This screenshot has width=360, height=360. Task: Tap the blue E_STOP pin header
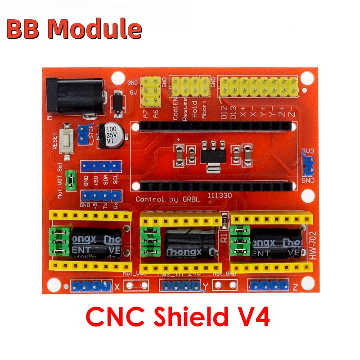point(83,134)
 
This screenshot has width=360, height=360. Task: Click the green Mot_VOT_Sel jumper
point(70,180)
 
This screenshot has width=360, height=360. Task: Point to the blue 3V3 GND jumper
point(308,165)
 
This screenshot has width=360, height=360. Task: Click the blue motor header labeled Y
point(179,286)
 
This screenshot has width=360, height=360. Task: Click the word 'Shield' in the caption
point(188,317)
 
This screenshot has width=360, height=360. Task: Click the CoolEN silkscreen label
point(175,109)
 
